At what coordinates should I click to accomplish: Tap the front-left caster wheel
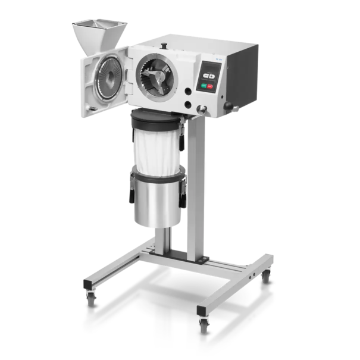(91, 295)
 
